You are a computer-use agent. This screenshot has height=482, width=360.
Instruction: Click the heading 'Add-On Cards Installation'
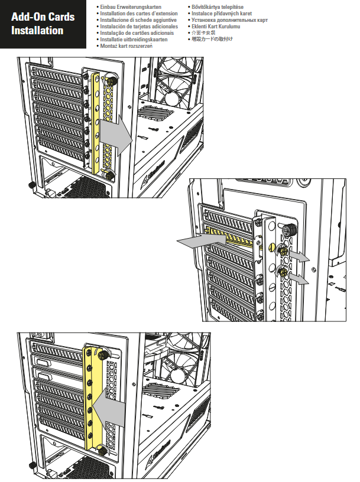(43, 24)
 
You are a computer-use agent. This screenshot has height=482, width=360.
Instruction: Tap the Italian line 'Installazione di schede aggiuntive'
(138, 19)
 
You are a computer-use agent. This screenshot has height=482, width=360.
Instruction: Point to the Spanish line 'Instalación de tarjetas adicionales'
(139, 26)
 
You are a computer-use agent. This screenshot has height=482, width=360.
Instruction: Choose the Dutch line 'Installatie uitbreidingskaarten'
(134, 39)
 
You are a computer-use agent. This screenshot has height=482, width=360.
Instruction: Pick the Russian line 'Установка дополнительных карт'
(229, 19)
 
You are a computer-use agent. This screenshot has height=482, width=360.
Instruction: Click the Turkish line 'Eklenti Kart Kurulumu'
(216, 26)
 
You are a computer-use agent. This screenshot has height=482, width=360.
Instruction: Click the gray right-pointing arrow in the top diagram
(115, 136)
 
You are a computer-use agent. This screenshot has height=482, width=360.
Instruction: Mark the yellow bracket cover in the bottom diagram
(93, 402)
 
